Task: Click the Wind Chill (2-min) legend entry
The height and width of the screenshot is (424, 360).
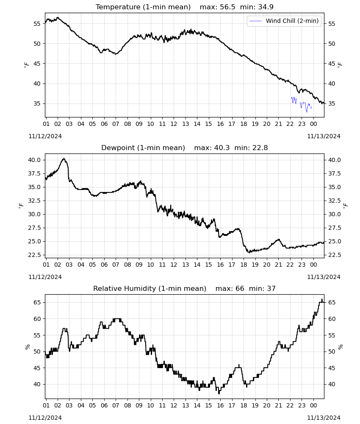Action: (284, 21)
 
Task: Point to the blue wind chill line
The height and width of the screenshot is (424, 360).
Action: (301, 104)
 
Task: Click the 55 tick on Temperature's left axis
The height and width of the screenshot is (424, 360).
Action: (37, 24)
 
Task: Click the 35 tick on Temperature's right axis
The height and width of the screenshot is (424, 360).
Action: (331, 103)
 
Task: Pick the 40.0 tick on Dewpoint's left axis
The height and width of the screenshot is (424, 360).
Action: (34, 160)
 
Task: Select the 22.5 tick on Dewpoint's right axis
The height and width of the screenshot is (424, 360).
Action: (334, 255)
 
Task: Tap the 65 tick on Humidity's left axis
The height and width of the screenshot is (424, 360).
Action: (37, 302)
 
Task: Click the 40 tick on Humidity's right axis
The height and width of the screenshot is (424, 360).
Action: (331, 384)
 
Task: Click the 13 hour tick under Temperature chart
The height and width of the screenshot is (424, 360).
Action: (186, 124)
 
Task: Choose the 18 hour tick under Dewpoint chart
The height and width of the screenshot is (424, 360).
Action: (244, 265)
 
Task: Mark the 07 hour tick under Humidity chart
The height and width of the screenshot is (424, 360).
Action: (116, 405)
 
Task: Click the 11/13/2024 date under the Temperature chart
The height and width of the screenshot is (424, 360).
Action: (324, 136)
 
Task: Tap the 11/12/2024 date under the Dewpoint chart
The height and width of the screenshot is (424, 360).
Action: (45, 277)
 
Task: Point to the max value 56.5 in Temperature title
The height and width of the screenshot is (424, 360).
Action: (228, 7)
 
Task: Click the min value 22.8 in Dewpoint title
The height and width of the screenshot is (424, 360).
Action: (260, 148)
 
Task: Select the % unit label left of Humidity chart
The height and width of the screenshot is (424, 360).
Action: (27, 347)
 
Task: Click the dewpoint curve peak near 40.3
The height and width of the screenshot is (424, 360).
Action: (64, 159)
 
